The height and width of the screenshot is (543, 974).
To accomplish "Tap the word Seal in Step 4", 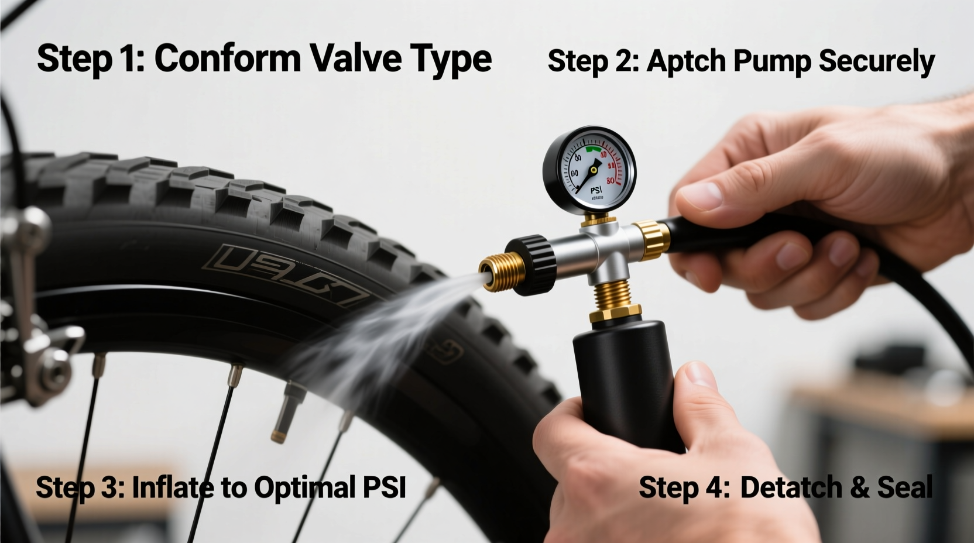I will point(904,487).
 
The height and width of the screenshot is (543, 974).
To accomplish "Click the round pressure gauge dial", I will point(589,168).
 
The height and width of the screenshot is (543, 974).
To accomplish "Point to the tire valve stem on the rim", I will point(287,410).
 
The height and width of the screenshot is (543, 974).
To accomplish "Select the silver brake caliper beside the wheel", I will point(35,328).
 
